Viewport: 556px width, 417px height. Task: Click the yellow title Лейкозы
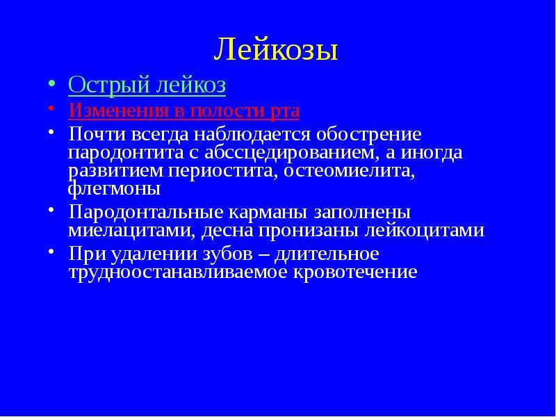click(276, 49)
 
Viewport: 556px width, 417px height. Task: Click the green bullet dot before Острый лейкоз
click(51, 83)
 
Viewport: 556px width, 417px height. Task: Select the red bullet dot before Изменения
click(51, 108)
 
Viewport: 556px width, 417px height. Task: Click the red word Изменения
click(118, 111)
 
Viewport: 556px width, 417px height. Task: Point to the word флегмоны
click(114, 189)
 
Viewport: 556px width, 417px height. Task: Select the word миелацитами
click(131, 231)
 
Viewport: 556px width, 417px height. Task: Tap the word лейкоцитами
click(425, 231)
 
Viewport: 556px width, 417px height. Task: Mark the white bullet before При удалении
click(51, 251)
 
